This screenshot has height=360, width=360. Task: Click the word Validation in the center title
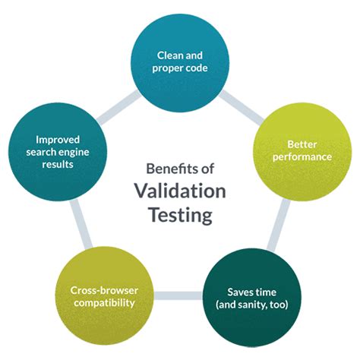click(180, 191)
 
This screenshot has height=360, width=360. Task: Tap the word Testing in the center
click(180, 215)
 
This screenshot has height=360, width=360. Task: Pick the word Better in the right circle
click(302, 144)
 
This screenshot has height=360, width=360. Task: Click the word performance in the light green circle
click(302, 156)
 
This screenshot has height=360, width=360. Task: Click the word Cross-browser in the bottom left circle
click(104, 290)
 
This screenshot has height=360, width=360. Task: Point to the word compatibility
click(104, 303)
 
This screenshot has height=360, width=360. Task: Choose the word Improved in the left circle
click(58, 140)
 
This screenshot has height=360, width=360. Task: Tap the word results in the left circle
click(58, 165)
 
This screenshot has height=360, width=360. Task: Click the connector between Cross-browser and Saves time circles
click(178, 295)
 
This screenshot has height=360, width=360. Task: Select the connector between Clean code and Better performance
click(241, 107)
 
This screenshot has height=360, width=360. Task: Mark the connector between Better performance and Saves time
click(279, 225)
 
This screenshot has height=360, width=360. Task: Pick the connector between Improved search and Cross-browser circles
click(81, 224)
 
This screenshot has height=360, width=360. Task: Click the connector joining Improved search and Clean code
click(119, 107)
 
